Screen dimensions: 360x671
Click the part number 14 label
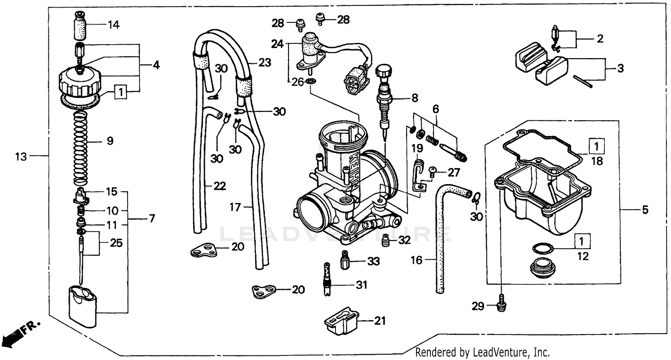click(x=114, y=25)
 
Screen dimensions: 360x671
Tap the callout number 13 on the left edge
click(x=21, y=157)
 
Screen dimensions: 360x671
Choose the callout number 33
click(x=373, y=261)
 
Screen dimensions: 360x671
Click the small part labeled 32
click(x=384, y=241)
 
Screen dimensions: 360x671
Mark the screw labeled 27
click(x=433, y=170)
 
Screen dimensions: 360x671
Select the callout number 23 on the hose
click(x=265, y=63)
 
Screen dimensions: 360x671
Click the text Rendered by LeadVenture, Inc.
click(x=482, y=352)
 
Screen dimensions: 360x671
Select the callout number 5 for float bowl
click(x=645, y=209)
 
